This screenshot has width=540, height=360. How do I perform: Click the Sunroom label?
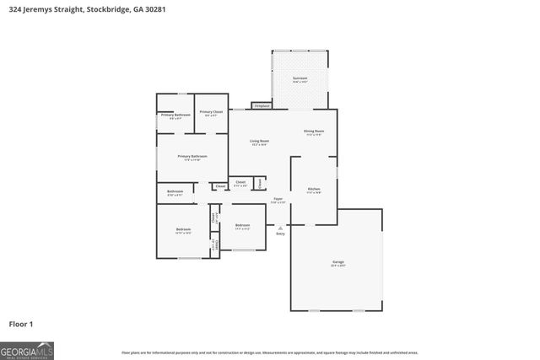click(x=300, y=79)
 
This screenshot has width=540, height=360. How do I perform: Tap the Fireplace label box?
click(x=262, y=106)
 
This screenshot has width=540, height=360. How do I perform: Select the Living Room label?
click(x=260, y=142)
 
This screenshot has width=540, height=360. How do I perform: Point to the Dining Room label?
click(x=314, y=132)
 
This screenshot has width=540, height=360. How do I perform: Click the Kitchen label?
click(x=313, y=190)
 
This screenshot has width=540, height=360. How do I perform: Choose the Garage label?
click(x=337, y=263)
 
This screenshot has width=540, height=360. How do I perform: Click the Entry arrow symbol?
click(x=280, y=228)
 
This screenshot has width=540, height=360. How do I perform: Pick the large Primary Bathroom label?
click(x=192, y=157)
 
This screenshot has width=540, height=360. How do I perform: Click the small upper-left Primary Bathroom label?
click(x=175, y=116)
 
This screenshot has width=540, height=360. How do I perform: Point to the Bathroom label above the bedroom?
click(x=175, y=192)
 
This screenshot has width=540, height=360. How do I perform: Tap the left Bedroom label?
click(x=183, y=230)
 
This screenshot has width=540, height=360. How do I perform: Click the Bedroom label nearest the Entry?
click(x=243, y=226)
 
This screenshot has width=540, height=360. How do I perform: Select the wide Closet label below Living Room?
click(x=240, y=183)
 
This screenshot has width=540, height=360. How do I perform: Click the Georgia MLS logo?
click(x=27, y=349)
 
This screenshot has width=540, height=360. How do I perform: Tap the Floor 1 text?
click(x=21, y=324)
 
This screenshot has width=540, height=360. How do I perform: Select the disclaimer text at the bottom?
click(x=269, y=352)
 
